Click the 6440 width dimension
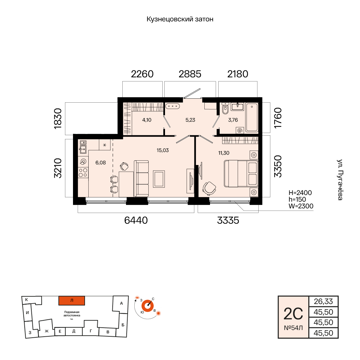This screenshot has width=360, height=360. [136, 220]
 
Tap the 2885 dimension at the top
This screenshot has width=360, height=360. [190, 74]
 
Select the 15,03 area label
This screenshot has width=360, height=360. [163, 150]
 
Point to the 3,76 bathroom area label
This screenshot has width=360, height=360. [233, 120]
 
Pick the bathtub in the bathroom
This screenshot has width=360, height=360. [252, 118]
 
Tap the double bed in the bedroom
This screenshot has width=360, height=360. [241, 174]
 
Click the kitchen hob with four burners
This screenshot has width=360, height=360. [83, 173]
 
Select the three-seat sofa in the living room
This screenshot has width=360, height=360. [141, 178]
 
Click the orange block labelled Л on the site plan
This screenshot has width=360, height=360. [72, 301]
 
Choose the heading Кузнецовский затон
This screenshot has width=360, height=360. [180, 19]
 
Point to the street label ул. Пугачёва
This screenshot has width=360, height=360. [340, 180]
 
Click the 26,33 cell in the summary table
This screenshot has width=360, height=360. [323, 301]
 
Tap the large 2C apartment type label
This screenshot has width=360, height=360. [293, 314]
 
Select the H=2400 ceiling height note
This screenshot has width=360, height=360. [300, 193]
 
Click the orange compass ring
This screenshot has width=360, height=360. [147, 306]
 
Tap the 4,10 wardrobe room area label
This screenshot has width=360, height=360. [147, 120]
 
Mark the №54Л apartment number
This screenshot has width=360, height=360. [293, 328]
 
